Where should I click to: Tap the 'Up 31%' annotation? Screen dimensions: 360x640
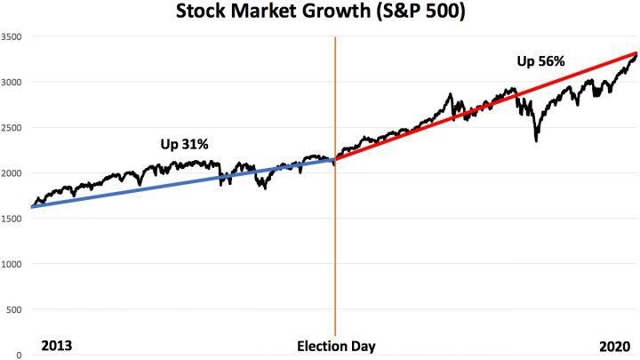coord(184,144)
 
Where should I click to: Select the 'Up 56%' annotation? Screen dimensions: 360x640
coord(541,62)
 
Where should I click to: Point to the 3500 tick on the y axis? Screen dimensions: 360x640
coord(12,37)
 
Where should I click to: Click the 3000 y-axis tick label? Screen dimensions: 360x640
coord(12,83)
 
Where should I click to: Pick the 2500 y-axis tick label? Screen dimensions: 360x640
coord(12,128)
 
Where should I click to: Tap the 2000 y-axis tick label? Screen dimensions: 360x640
coord(12,173)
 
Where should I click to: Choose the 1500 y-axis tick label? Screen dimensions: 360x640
coord(12,219)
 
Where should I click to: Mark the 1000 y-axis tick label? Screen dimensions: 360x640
coord(12,264)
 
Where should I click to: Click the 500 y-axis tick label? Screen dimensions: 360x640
coord(13,309)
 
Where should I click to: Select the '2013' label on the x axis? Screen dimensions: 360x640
coord(56,345)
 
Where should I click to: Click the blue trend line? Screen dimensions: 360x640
coord(178,184)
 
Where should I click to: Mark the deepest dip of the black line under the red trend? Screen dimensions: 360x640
coord(536,140)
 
